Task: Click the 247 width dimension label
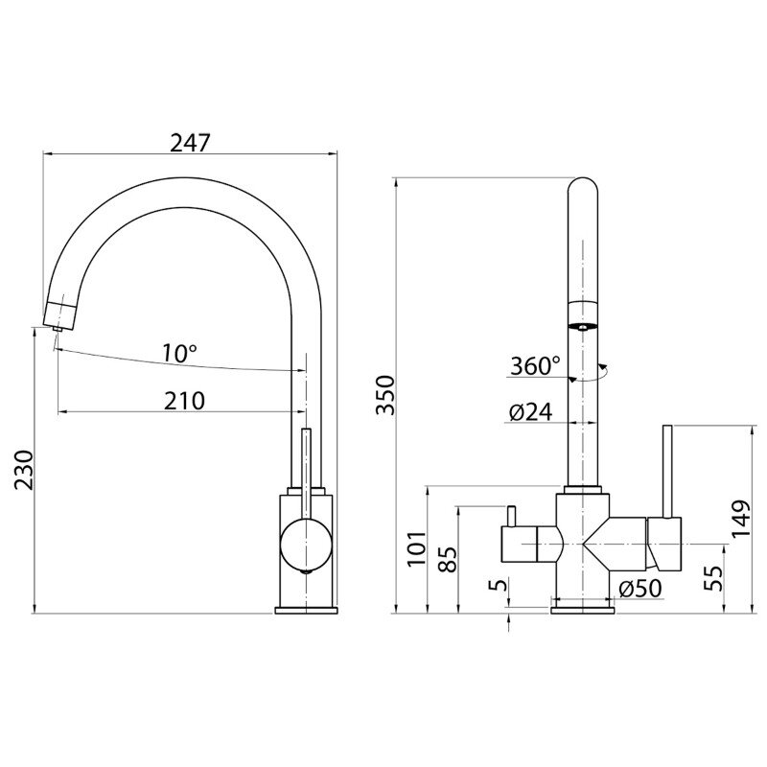pyautogui.click(x=190, y=142)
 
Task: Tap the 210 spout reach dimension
pyautogui.click(x=184, y=401)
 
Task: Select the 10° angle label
pyautogui.click(x=179, y=353)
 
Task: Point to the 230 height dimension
pyautogui.click(x=23, y=470)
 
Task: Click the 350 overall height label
pyautogui.click(x=385, y=395)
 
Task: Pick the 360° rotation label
pyautogui.click(x=535, y=365)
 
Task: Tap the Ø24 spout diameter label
pyautogui.click(x=530, y=412)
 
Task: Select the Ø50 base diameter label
pyautogui.click(x=639, y=589)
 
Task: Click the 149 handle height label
pyautogui.click(x=740, y=518)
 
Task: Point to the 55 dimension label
pyautogui.click(x=715, y=578)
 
